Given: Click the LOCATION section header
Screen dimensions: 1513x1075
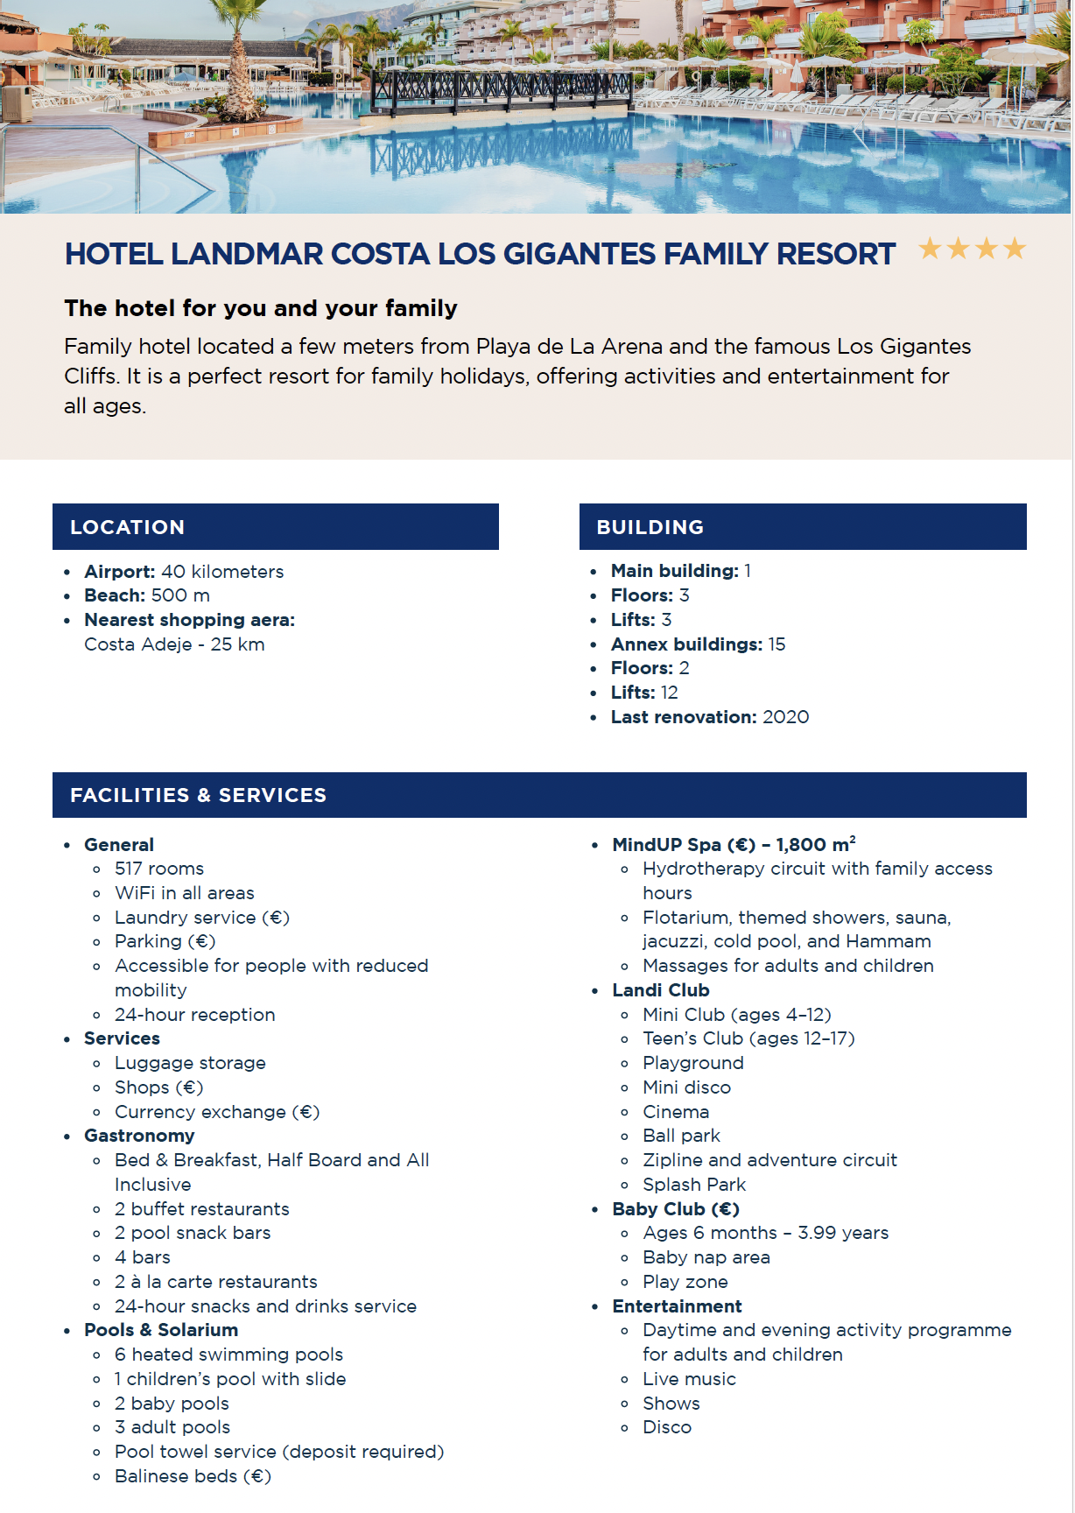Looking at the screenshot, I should (128, 527).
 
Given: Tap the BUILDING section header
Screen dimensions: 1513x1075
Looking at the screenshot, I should (650, 527).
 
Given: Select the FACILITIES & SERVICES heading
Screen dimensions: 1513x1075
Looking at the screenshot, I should (198, 795).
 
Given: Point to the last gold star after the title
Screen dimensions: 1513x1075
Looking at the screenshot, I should (1015, 250).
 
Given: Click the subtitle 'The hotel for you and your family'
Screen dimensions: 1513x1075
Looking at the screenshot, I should (261, 308).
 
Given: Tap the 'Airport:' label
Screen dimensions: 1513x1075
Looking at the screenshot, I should (120, 572).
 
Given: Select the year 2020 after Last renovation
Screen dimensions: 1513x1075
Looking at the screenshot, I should (785, 717).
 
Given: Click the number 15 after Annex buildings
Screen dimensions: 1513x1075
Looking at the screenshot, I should (776, 644).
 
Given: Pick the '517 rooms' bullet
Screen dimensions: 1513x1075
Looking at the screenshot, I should (159, 869).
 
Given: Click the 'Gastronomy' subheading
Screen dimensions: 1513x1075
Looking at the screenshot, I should (139, 1136).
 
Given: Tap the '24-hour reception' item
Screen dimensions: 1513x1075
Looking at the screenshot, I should (194, 1015).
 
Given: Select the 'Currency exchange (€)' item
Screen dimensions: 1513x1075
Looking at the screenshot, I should (217, 1112).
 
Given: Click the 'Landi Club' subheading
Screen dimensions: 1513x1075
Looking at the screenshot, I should (661, 990).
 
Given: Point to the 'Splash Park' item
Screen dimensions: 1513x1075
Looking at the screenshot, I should (694, 1185).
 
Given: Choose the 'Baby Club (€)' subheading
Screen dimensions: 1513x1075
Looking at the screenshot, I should (676, 1209).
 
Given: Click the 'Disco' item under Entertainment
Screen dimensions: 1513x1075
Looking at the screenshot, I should (667, 1427).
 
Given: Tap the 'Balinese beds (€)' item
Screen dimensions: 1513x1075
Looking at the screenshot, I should (193, 1476).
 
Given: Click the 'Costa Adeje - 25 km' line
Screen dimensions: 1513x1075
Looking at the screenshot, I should (174, 644).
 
